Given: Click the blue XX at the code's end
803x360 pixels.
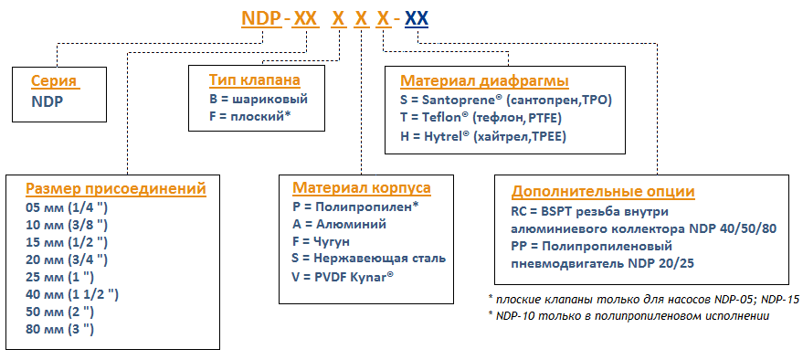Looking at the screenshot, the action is (417, 18).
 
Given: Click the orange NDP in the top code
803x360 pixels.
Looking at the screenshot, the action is (259, 18).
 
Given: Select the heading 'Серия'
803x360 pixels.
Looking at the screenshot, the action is (53, 80).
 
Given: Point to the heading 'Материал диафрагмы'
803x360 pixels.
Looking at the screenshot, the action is (484, 80).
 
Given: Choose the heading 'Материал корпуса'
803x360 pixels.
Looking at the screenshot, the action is (362, 188).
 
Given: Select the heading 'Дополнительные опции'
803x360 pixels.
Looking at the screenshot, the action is (603, 191).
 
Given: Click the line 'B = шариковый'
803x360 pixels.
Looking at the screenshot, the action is (259, 99).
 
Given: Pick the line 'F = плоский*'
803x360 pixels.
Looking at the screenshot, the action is (249, 117).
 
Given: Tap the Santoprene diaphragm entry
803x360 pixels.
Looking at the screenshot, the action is (505, 100).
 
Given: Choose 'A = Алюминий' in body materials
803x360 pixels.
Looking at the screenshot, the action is (334, 224).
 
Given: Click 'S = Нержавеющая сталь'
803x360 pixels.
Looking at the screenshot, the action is (364, 259).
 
